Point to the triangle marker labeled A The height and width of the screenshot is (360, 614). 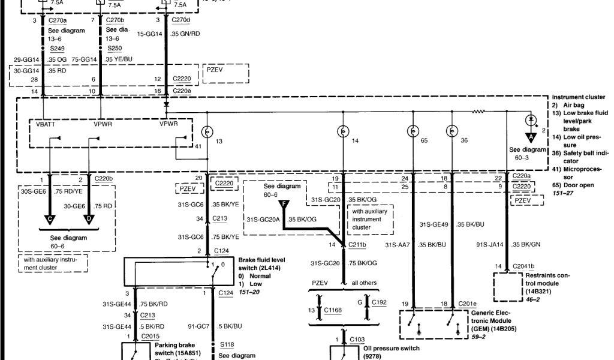coord(530,137)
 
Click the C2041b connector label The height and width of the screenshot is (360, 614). coord(523,266)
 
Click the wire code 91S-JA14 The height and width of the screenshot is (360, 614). coord(489,244)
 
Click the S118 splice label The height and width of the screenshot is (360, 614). coord(227,345)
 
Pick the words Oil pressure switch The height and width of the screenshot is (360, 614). coord(392,348)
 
